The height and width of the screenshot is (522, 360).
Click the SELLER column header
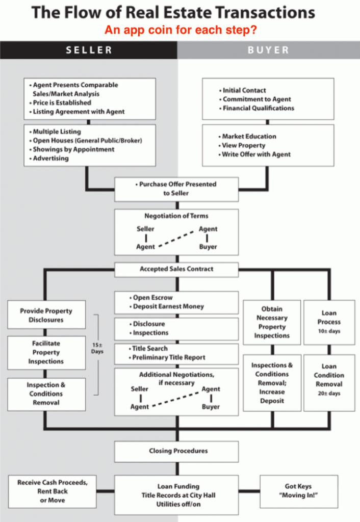click(x=89, y=50)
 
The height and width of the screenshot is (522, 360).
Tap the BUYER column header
click(x=268, y=50)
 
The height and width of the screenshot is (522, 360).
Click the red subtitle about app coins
click(x=181, y=30)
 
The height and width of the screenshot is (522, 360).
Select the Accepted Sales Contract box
click(x=176, y=269)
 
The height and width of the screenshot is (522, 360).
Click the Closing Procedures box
click(x=176, y=452)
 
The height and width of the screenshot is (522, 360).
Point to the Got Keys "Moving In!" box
click(x=299, y=491)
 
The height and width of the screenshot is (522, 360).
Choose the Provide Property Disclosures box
click(x=46, y=315)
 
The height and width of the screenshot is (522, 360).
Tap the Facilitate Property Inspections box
click(x=46, y=353)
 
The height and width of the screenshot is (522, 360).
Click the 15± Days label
click(x=97, y=348)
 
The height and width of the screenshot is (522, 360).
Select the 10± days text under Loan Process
click(x=329, y=331)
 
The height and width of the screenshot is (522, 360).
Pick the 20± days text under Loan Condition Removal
click(x=329, y=394)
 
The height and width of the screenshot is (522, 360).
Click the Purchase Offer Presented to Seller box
click(x=176, y=190)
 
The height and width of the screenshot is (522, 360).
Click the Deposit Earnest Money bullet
click(x=167, y=306)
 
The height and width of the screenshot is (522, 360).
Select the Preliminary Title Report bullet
click(x=167, y=357)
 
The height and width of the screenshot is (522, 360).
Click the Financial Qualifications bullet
click(x=256, y=108)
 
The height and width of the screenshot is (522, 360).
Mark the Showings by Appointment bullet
click(x=71, y=149)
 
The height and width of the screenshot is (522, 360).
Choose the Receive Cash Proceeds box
click(x=53, y=491)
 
